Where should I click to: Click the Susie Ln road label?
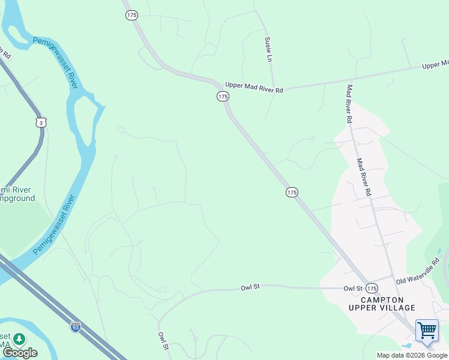[x=268, y=49]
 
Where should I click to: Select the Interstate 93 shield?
[x=75, y=327]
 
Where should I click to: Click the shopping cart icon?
[x=427, y=331]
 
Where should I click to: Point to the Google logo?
[x=19, y=353]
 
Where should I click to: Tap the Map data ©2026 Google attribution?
[x=412, y=355]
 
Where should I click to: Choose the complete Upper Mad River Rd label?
[x=254, y=87]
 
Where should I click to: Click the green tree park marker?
[x=19, y=340]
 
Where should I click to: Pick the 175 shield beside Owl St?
[x=372, y=289]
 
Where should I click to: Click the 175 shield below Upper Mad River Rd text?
[x=223, y=97]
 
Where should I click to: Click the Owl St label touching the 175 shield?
[x=353, y=289]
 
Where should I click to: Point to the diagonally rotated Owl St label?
[x=164, y=341]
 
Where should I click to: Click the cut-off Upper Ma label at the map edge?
[x=435, y=64]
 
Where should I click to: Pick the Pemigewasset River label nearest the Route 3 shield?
[x=56, y=63]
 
